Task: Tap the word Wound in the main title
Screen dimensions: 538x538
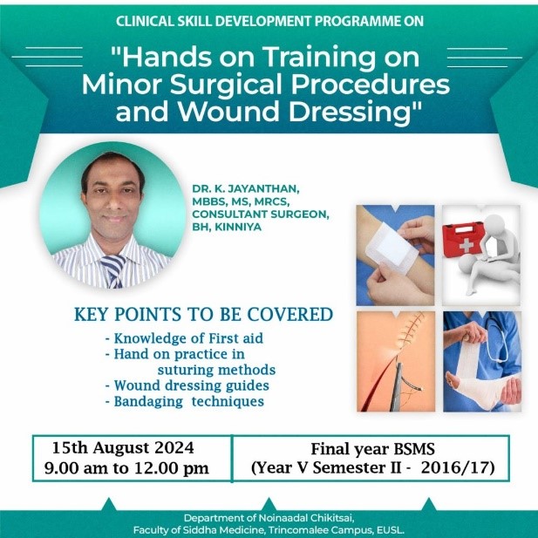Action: click(x=230, y=112)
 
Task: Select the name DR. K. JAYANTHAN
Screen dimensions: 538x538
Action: click(x=246, y=188)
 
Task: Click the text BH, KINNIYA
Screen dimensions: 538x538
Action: click(x=227, y=227)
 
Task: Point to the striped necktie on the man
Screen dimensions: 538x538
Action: click(x=114, y=271)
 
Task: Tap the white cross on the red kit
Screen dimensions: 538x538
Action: click(x=466, y=245)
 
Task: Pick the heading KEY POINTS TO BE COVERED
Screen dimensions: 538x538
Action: click(x=204, y=314)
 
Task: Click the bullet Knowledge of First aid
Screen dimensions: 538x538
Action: click(x=184, y=338)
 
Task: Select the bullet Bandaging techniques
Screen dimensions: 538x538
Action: click(x=185, y=401)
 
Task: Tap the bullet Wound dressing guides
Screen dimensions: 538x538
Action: click(x=187, y=385)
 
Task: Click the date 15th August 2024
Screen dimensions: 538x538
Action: click(x=123, y=448)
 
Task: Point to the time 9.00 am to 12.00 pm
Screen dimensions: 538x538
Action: click(x=126, y=468)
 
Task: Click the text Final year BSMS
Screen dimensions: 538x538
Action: click(x=373, y=449)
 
